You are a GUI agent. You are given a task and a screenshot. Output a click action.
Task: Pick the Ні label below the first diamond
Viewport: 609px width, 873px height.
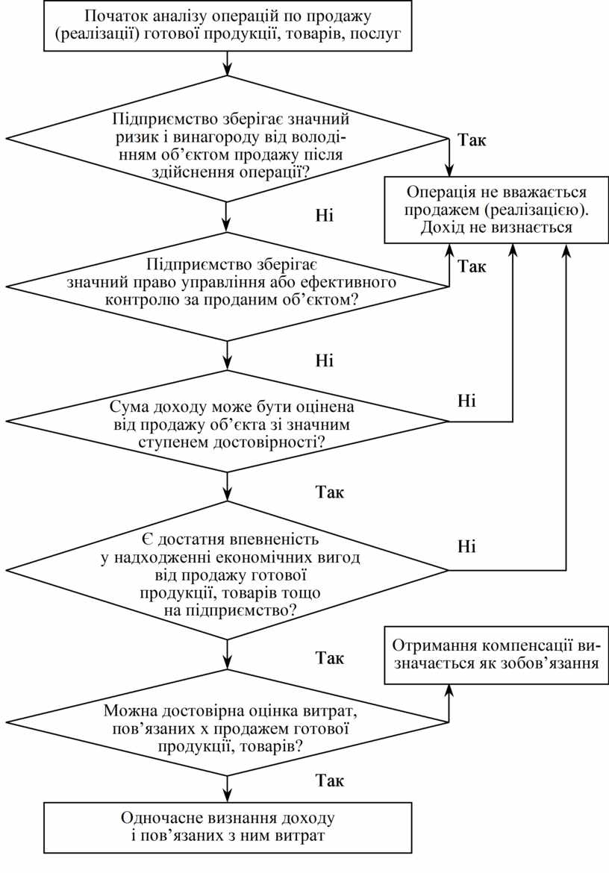coord(325,215)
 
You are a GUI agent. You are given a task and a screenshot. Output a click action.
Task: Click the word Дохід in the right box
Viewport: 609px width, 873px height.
coord(443,227)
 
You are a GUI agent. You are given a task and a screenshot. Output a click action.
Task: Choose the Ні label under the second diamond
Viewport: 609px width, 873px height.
coord(325,361)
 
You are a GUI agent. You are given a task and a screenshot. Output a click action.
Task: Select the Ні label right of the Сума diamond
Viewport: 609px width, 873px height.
coord(466,401)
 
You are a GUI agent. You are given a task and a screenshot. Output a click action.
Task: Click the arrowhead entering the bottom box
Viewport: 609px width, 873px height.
coord(226,796)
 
